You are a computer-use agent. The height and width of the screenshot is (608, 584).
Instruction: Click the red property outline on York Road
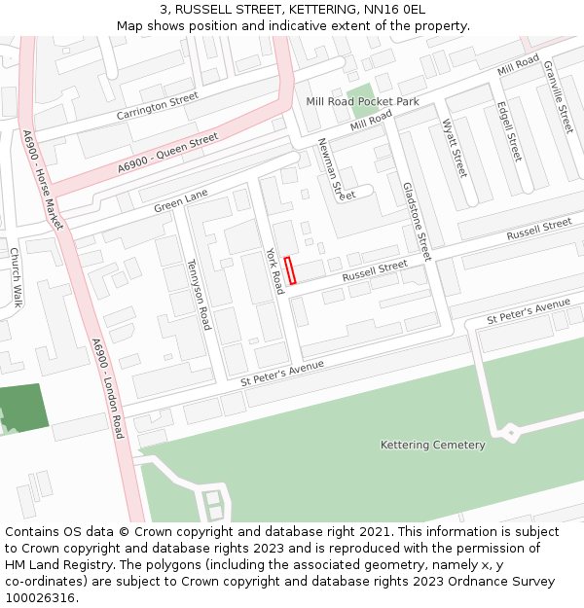click(289, 269)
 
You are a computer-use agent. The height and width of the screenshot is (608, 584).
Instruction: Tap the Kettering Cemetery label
click(432, 445)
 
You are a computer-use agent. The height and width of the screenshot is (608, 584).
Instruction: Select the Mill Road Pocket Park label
click(362, 101)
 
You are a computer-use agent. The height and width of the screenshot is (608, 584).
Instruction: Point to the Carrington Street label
click(157, 105)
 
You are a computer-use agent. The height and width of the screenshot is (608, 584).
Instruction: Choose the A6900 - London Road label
click(106, 388)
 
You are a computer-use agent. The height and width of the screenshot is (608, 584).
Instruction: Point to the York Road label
click(276, 269)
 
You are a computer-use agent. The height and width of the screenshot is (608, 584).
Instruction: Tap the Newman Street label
click(337, 169)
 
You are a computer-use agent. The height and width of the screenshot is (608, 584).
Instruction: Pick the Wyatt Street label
click(455, 148)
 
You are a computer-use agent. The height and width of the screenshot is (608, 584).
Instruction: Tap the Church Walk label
click(16, 277)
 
